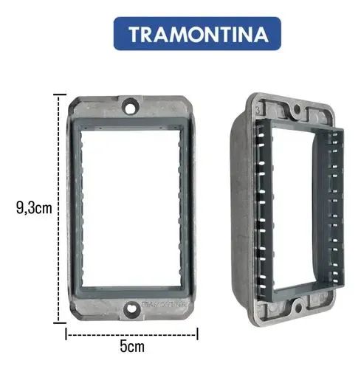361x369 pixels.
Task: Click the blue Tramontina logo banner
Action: coord(197,33)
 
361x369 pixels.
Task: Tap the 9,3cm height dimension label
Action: coord(34,208)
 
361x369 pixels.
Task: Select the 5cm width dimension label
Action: coord(132,346)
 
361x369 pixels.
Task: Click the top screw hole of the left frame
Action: coord(131,106)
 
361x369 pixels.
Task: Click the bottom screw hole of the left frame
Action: coord(131,309)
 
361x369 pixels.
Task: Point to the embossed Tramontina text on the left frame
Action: coord(165,304)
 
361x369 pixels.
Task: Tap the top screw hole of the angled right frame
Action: coord(298,108)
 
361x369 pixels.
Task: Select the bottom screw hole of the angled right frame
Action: coord(298,308)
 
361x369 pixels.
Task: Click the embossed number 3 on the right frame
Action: coord(258,110)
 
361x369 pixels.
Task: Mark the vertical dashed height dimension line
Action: coord(58,208)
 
